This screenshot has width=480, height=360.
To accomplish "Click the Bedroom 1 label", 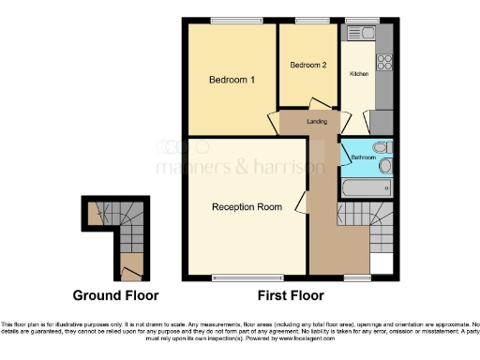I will tap(232, 81).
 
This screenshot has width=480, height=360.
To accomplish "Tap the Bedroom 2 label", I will tap(308, 65).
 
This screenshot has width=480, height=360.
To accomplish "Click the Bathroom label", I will tap(363, 158).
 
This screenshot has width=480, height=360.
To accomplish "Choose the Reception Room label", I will tap(247, 206).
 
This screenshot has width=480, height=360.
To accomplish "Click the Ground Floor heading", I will tap(116, 295).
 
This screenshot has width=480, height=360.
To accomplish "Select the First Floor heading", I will tap(291, 295).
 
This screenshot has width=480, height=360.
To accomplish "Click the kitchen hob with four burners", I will tap(383, 62).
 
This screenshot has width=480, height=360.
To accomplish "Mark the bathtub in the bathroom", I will tap(367, 188).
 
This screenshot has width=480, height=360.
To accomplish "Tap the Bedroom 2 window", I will tap(308, 21).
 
